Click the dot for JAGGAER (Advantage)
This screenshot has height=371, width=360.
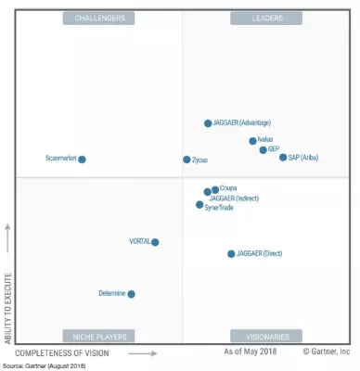click(x=208, y=123)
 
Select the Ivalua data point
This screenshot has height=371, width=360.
click(x=252, y=141)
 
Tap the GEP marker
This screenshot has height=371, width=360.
click(x=263, y=149)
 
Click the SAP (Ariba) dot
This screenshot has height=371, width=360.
click(x=283, y=158)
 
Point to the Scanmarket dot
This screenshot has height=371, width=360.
click(x=82, y=160)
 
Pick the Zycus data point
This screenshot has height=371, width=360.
click(x=186, y=160)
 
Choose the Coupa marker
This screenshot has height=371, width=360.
click(x=215, y=189)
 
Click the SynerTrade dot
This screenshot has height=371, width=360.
click(x=199, y=205)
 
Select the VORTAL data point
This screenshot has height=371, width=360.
click(x=155, y=242)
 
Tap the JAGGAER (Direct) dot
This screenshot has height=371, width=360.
click(x=231, y=253)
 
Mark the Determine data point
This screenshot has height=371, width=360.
click(x=131, y=294)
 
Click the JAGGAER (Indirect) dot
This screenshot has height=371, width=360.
click(x=207, y=193)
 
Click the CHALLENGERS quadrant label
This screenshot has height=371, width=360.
click(x=98, y=18)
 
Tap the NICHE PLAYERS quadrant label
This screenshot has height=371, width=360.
click(x=98, y=336)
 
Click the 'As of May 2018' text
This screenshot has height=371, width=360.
click(x=251, y=353)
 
